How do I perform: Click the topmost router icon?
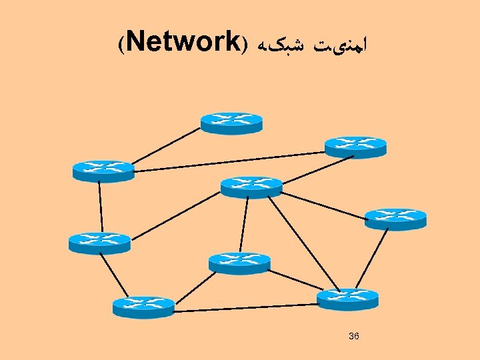click(x=231, y=123)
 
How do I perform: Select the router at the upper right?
click(x=355, y=147)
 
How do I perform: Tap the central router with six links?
click(x=251, y=187)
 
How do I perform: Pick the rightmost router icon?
click(x=395, y=219)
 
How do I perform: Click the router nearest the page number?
click(x=347, y=299)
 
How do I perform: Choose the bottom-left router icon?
click(x=143, y=306)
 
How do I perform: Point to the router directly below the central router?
click(x=239, y=263)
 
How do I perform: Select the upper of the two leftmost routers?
click(x=103, y=171)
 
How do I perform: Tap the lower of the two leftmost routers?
click(x=99, y=243)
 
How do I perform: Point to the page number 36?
click(x=354, y=336)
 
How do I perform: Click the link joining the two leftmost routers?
click(x=101, y=207)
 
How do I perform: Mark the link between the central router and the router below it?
click(x=245, y=225)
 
